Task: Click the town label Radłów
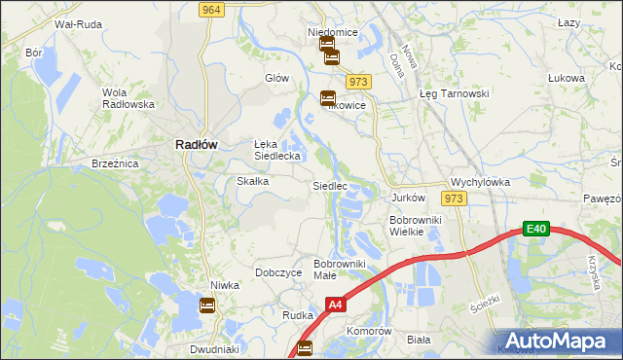196,143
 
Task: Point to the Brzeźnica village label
115,164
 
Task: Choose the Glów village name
277,77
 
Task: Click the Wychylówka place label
480,182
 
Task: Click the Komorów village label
369,331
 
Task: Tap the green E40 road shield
535,229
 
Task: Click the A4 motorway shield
335,305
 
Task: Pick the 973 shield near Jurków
452,198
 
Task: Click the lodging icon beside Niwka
207,306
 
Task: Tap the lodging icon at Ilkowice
328,97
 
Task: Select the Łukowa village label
566,78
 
